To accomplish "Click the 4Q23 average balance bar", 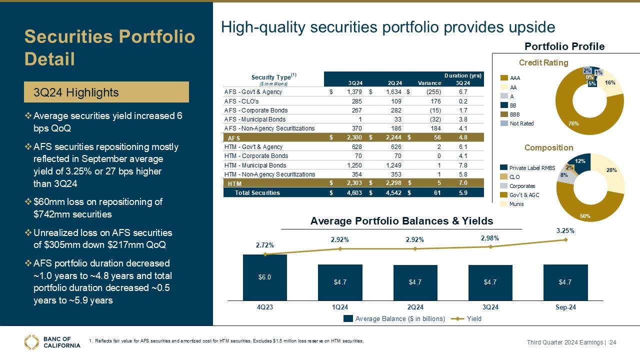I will [x=265, y=277].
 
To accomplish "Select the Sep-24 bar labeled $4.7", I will [x=565, y=282].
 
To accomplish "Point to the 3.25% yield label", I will [x=565, y=231].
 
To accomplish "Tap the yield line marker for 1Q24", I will [x=340, y=248].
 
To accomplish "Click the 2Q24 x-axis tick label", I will [x=415, y=307].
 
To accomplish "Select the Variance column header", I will [x=430, y=83].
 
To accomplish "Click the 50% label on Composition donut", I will [x=598, y=216].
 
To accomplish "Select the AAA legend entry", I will [x=515, y=78].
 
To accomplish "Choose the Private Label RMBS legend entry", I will [x=528, y=168].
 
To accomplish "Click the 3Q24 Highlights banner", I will [x=107, y=92].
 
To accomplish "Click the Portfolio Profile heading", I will [x=564, y=46].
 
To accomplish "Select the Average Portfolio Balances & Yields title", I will [x=401, y=221].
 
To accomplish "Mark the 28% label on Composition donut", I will [x=611, y=170].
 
